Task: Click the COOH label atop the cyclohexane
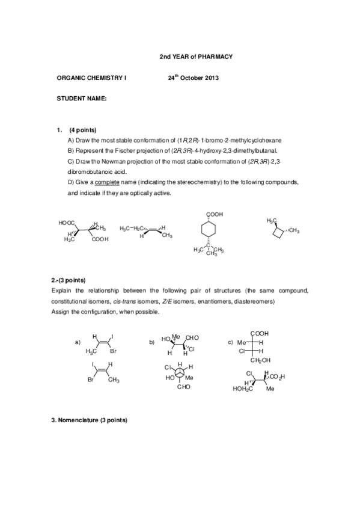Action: click(x=215, y=214)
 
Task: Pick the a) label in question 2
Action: click(x=78, y=342)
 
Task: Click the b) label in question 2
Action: click(x=151, y=342)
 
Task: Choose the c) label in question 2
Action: click(x=230, y=342)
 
